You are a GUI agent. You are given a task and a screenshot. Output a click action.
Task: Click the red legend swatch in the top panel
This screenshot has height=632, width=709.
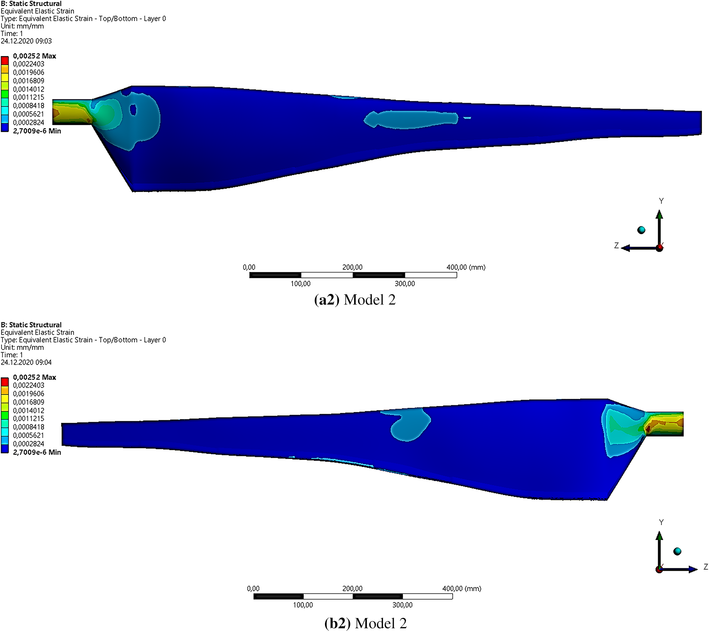coord(4,60)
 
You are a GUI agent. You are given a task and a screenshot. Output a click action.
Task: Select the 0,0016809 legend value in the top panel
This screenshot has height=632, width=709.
coord(28,81)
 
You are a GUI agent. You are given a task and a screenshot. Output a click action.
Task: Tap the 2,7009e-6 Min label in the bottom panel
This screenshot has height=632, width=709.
coord(37,452)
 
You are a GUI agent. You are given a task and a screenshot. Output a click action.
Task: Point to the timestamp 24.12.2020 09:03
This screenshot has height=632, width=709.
coord(26,41)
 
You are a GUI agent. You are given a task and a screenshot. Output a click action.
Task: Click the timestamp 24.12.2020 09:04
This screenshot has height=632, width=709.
coord(26,362)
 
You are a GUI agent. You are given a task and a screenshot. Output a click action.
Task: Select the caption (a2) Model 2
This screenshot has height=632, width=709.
coord(354,300)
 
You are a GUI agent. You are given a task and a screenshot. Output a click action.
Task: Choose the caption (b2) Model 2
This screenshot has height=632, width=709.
coord(365,623)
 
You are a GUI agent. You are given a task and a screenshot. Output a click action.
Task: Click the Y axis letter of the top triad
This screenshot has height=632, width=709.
coord(661,201)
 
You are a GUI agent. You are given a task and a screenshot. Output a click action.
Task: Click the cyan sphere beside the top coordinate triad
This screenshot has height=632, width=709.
coord(641,230)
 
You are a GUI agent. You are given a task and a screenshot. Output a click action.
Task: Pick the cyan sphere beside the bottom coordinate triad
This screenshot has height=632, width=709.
coord(677,551)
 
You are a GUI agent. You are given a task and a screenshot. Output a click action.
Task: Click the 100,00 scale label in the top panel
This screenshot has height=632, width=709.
coord(300,284)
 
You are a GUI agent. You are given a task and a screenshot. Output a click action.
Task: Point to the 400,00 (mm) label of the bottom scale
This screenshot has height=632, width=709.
coord(462,588)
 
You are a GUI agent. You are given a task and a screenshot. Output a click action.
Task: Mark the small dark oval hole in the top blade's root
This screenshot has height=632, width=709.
coord(133,110)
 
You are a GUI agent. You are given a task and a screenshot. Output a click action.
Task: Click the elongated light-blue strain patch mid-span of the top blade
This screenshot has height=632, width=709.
coord(410,119)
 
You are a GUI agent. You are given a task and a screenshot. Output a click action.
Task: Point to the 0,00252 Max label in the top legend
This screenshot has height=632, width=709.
coord(34,56)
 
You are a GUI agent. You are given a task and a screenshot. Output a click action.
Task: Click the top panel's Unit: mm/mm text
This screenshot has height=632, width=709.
coord(22,26)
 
